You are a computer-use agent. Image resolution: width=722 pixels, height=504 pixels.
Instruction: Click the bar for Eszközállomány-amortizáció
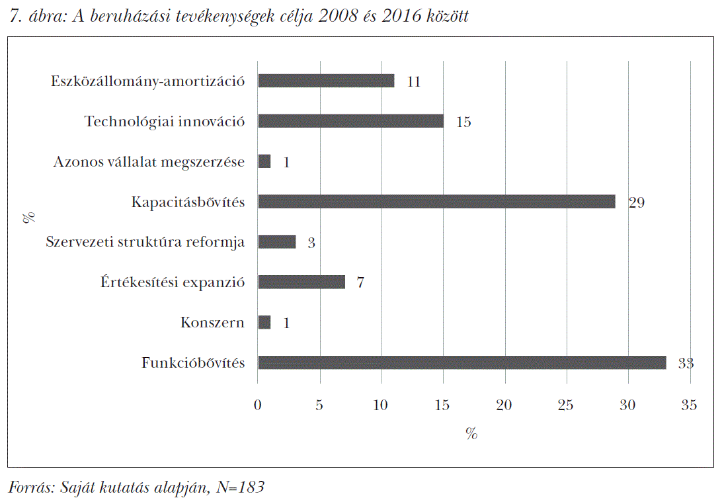coord(326,81)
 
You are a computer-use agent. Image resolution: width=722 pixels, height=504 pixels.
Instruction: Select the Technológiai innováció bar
coord(351,121)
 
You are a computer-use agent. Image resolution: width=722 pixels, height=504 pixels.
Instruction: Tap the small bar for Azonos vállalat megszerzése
coord(264,161)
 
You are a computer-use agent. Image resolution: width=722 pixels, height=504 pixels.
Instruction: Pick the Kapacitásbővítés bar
coord(436,202)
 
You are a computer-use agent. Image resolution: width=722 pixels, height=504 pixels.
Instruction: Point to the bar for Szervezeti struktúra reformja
coord(277,242)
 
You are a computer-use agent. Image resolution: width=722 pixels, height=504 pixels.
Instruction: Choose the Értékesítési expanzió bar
coord(301,282)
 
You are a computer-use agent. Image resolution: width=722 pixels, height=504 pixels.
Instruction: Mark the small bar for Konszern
coord(264,323)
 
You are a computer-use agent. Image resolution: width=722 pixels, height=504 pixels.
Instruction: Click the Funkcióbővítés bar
coord(462,362)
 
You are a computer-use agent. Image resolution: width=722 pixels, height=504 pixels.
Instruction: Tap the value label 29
coord(637,202)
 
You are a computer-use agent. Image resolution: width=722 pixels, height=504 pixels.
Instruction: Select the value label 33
coord(686,364)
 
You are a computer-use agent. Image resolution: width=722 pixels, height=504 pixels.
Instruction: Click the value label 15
coord(463,122)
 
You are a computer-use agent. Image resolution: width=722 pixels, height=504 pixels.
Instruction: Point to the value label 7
coord(360,282)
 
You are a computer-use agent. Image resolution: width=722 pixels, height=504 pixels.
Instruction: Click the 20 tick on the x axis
coord(504,405)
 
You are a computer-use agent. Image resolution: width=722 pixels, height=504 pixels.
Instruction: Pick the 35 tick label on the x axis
coord(690,405)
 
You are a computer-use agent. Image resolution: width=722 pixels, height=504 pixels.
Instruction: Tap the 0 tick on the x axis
coord(257,405)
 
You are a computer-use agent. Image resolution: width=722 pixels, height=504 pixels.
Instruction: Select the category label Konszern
coord(212,322)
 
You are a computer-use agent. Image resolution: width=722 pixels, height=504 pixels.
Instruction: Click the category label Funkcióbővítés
coord(193,362)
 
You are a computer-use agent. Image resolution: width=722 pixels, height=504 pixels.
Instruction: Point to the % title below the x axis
coord(471,433)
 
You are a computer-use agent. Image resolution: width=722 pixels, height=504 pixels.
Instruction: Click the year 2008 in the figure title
coord(338,16)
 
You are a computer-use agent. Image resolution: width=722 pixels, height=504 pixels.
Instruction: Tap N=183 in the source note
coord(241,487)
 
